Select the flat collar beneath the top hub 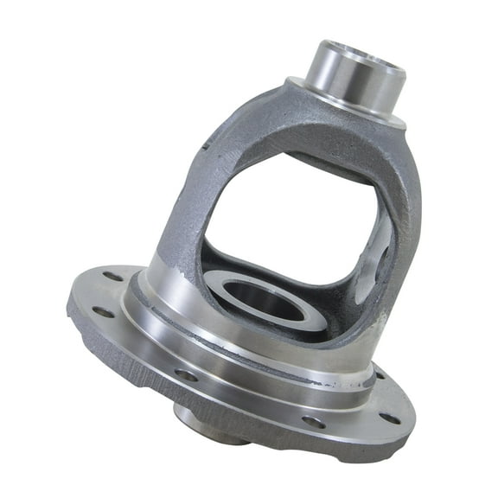tap(346, 108)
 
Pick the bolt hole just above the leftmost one tap(112, 278)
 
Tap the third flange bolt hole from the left tap(186, 374)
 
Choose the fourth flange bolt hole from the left tap(313, 422)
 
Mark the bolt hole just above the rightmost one tap(379, 373)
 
